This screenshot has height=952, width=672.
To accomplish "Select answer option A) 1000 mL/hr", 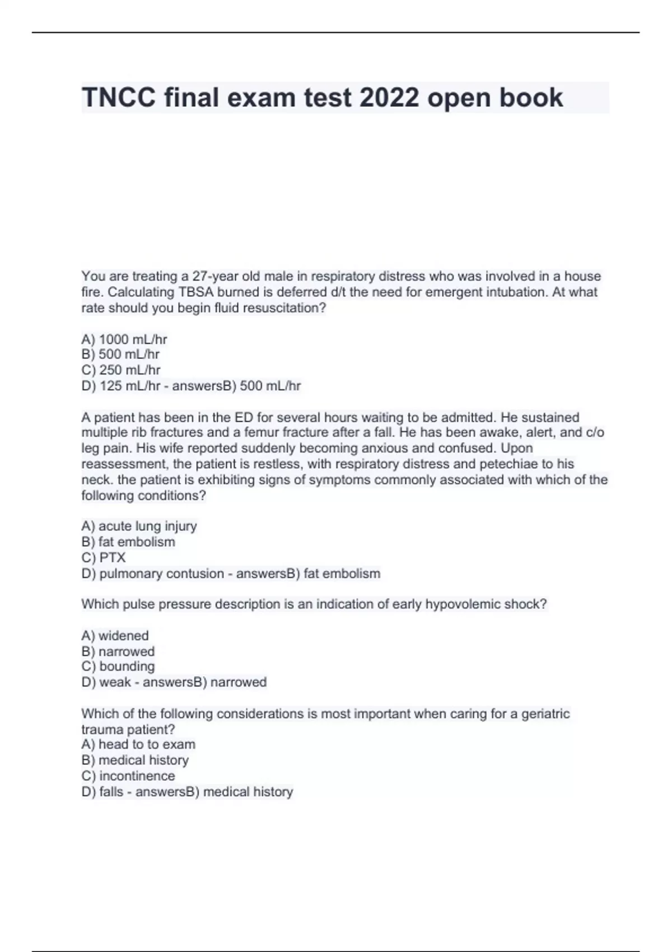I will click(124, 339).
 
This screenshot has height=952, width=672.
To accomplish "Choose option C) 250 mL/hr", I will click(121, 370).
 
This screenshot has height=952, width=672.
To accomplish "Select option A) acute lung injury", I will click(139, 526).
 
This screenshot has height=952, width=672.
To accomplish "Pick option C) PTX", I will click(104, 558).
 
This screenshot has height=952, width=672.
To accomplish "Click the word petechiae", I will click(511, 464).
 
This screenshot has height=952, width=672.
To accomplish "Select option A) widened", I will click(115, 636).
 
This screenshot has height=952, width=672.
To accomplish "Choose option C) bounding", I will click(118, 666).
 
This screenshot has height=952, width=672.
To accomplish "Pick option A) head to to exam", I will click(138, 744).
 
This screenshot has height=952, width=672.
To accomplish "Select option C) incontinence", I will click(128, 776).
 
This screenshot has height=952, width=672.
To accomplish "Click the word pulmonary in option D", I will click(128, 573).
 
